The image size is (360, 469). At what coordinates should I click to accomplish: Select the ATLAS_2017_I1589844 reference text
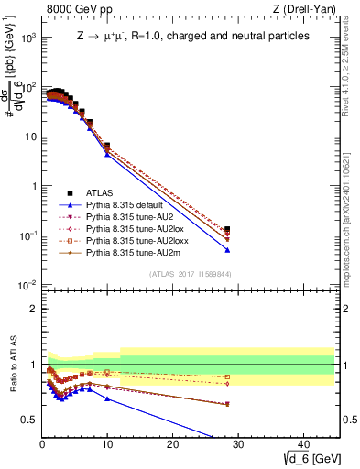pyautogui.click(x=190, y=274)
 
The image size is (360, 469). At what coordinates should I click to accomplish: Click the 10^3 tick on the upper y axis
pyautogui.click(x=29, y=38)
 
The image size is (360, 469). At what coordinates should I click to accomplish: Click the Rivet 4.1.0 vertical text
pyautogui.click(x=352, y=69)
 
